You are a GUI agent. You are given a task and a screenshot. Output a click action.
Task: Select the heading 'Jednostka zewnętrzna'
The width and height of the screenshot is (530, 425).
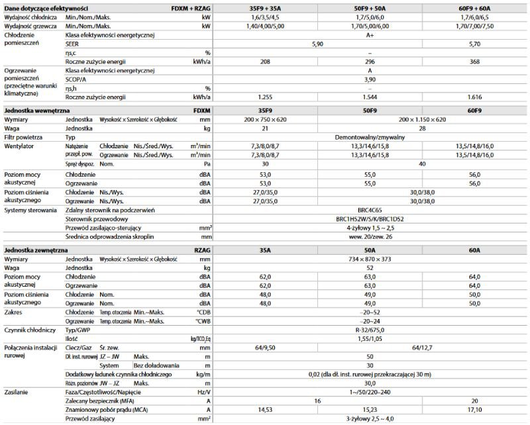[37, 252]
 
